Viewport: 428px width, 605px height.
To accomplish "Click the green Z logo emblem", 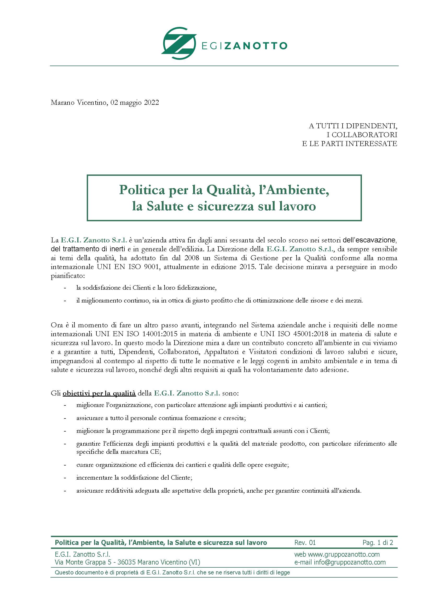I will [179, 43].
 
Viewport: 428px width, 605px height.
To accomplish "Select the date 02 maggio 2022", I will [135, 102].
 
